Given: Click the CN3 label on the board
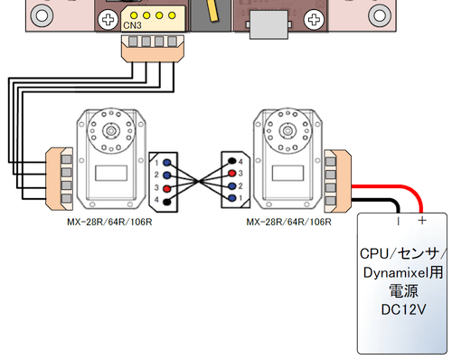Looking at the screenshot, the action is coord(132,25).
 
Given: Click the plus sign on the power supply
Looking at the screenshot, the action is coord(422,221).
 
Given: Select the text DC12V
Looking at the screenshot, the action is coord(403,309).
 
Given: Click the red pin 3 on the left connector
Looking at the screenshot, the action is coord(167,189).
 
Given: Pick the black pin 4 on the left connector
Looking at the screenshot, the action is coord(167,202).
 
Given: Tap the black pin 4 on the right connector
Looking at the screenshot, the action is coord(231,161).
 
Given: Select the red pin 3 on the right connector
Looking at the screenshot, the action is coord(231,174).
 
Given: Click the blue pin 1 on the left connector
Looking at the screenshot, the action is coord(167,163).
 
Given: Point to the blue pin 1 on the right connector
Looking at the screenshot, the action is coord(231,198).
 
